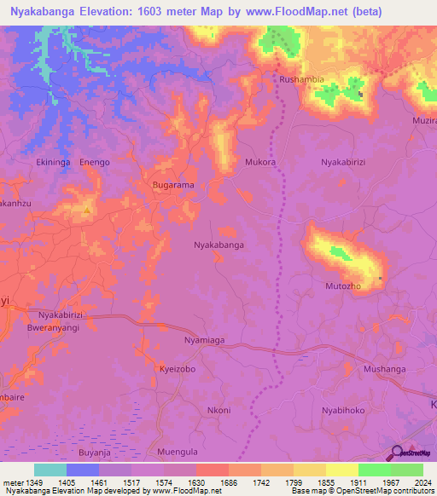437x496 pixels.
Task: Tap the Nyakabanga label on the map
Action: pos(218,245)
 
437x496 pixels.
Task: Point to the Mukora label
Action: pos(260,161)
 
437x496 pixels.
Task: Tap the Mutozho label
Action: pos(345,286)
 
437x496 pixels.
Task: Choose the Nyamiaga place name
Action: pos(205,340)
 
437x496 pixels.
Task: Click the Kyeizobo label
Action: pos(178,369)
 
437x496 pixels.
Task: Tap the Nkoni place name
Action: pos(218,410)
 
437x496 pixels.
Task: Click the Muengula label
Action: pos(178,451)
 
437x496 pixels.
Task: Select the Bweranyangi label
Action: pos(53,327)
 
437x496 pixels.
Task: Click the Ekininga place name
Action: pos(55,161)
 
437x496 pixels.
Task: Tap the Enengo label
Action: pos(95,161)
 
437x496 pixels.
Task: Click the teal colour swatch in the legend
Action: pos(50,470)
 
